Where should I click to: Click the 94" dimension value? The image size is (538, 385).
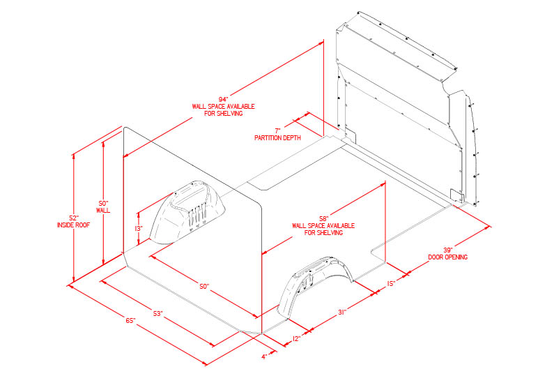coord(224,100)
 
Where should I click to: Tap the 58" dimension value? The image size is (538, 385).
coord(324,219)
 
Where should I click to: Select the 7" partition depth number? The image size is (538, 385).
coord(277,131)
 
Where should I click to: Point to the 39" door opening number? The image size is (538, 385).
coord(447,250)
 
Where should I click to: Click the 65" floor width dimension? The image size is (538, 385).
coord(130,321)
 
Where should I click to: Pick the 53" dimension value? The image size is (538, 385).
coord(157,314)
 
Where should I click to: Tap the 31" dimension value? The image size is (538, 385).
coord(342,312)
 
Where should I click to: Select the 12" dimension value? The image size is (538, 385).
coord(296,339)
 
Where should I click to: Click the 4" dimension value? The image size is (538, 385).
coord(264,357)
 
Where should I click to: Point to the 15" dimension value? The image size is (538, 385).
coord(391,284)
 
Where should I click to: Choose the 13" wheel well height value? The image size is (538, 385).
coord(138,228)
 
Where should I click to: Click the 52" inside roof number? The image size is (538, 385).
coord(74,218)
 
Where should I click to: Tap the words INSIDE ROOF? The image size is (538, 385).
coord(73,225)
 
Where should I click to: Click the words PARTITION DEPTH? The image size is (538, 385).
coord(277,138)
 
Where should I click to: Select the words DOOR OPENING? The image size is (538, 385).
coord(448,257)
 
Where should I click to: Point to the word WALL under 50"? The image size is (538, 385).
coord(103,211)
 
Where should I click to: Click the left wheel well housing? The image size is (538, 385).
coord(187,212)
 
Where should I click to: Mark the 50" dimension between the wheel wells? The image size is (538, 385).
coord(204,286)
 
